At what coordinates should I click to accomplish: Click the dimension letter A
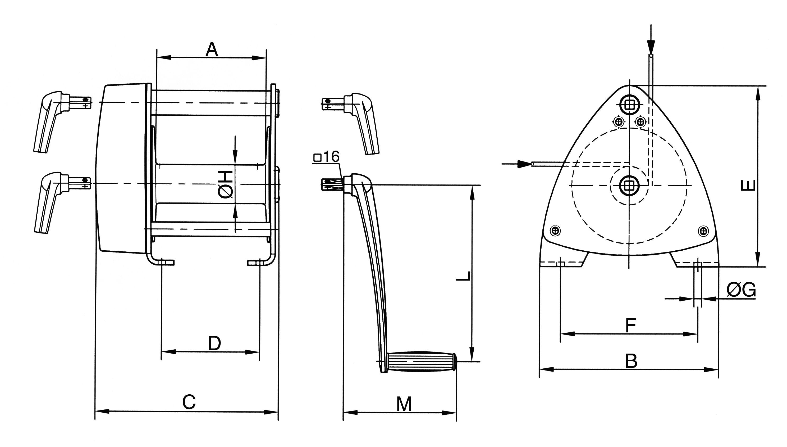point(212,50)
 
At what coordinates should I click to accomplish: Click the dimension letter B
point(631,361)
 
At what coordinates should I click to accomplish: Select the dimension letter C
point(189,402)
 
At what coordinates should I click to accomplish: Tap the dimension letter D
point(214,343)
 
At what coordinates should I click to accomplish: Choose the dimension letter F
point(631,326)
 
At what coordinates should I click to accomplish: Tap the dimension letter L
point(463,276)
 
